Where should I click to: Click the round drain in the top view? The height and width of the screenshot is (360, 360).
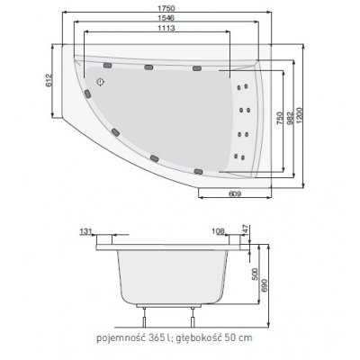[101, 78]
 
